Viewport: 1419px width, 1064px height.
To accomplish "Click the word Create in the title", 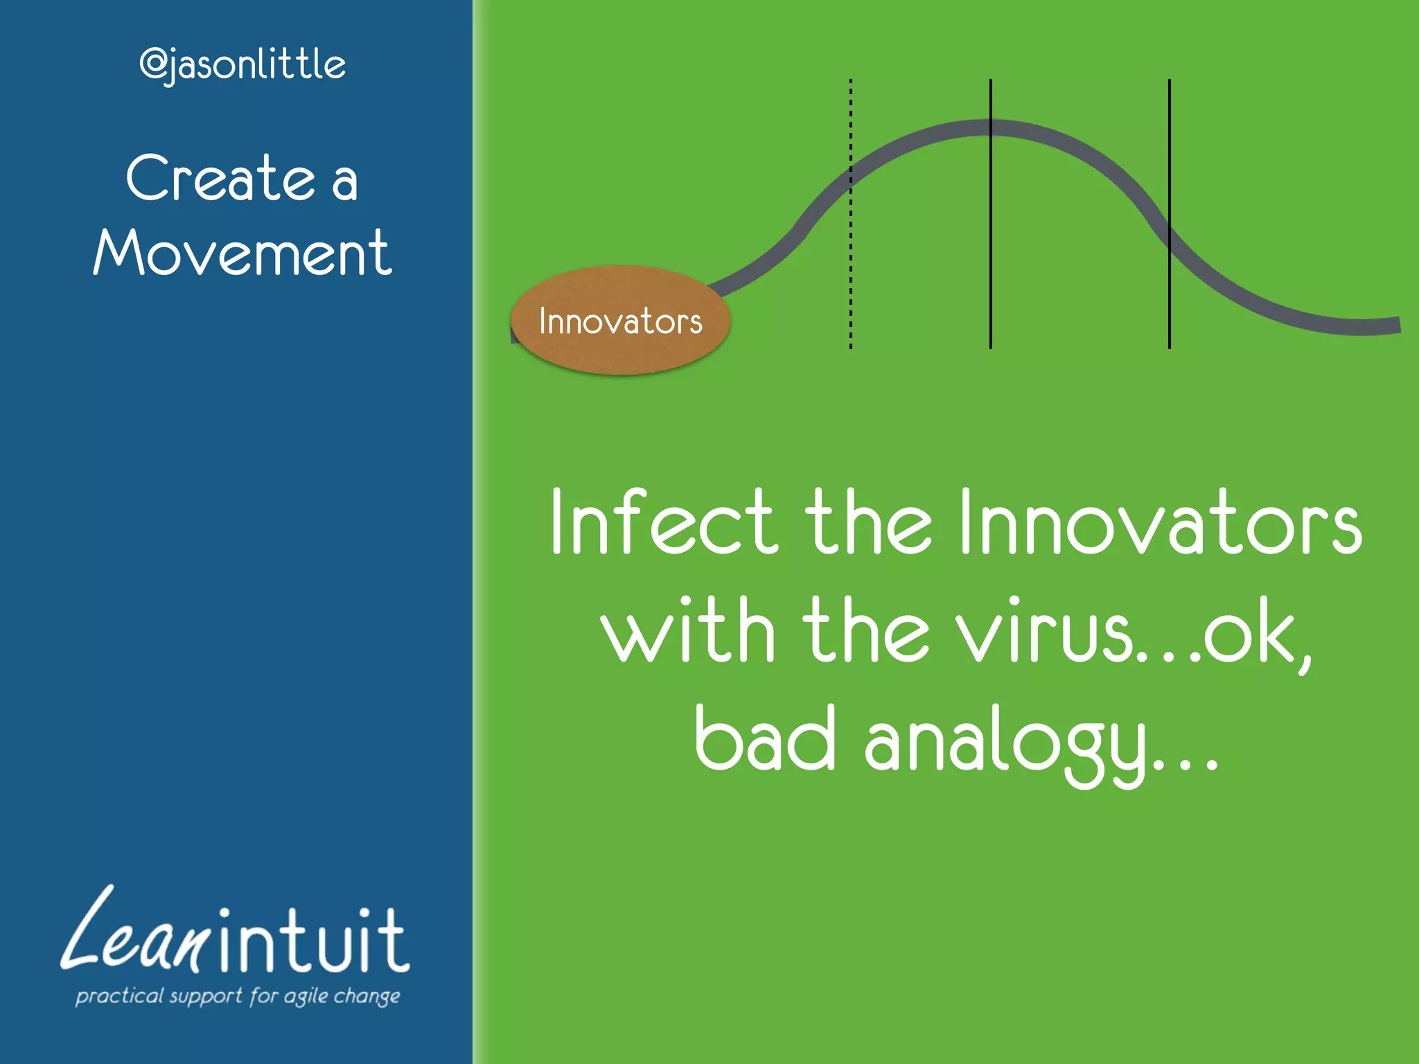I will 220,179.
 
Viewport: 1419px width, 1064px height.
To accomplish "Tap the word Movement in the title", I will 243,254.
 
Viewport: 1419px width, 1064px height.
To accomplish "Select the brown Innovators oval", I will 620,321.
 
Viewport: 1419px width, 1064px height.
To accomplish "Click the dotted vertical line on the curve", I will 851,277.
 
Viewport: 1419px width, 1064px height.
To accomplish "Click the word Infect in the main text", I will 662,523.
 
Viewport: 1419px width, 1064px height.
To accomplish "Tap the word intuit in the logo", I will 312,942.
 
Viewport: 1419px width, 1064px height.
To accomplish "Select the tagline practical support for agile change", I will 238,996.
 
